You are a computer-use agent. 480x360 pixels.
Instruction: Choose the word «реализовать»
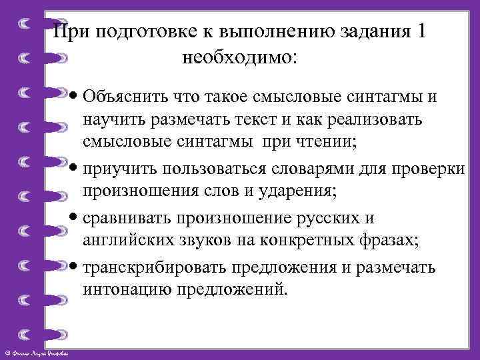click(x=387, y=121)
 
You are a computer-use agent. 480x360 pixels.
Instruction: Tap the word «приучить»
click(x=111, y=169)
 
